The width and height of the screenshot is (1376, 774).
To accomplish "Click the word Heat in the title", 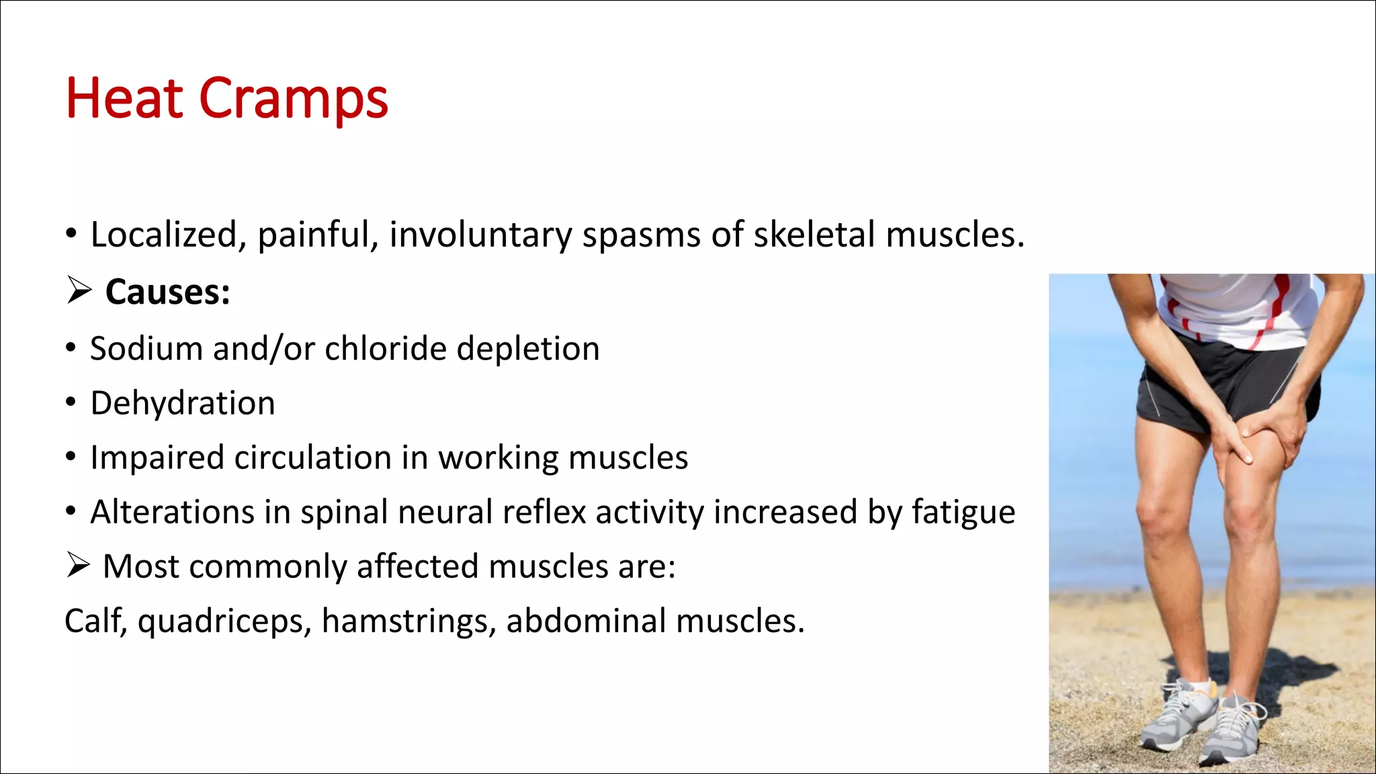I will click(x=124, y=99).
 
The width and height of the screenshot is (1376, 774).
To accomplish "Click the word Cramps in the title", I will click(x=294, y=99).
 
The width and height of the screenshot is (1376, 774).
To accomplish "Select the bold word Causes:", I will click(x=168, y=292).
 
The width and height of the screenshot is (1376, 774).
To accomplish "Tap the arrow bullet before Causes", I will click(x=79, y=292).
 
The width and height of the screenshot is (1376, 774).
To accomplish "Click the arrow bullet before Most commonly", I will click(x=78, y=566).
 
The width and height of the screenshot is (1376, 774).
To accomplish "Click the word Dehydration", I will click(x=183, y=403).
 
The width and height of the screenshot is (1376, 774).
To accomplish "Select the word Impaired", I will click(x=157, y=458).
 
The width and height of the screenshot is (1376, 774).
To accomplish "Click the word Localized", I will click(x=163, y=235).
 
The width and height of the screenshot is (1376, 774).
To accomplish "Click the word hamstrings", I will click(x=408, y=621).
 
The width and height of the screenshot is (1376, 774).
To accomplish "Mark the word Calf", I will click(x=95, y=621).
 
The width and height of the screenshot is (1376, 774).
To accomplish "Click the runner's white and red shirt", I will click(x=1243, y=309).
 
